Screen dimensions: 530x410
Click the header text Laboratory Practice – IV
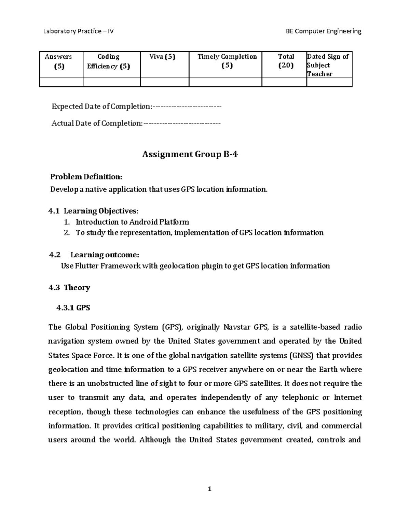[78, 31]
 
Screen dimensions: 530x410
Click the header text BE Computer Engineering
[323, 31]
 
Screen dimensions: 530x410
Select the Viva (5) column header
[162, 57]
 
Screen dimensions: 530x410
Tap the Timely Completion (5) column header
[227, 61]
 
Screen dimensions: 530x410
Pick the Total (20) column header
[286, 61]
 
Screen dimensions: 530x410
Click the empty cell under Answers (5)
[61, 82]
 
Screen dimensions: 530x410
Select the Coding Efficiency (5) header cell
[108, 61]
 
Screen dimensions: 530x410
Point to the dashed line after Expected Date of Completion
[187, 107]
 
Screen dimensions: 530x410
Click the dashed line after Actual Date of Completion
[182, 124]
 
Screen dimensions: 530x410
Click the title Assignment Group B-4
[190, 155]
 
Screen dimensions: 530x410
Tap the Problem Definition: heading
[86, 177]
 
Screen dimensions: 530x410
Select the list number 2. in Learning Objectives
[67, 233]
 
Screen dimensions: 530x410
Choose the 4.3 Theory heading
[69, 287]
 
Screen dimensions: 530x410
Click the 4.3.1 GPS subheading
[73, 308]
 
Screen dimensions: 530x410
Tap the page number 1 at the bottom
[209, 489]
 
